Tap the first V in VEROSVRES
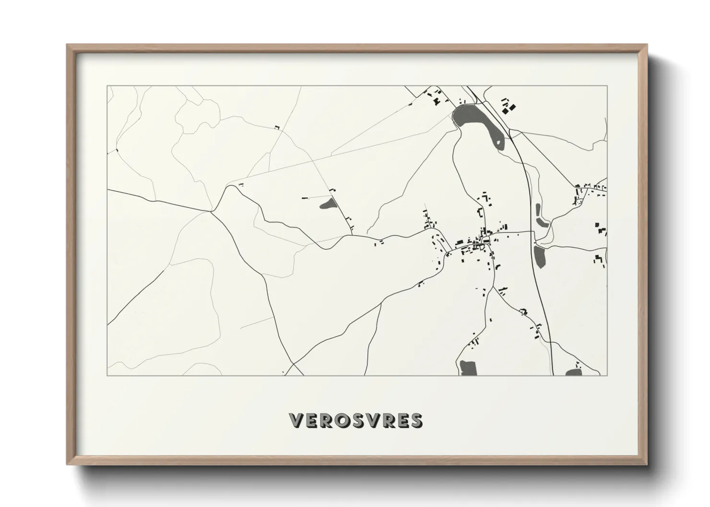point(296,420)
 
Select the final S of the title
point(416,420)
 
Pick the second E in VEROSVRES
point(402,420)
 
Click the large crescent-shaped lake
point(475,120)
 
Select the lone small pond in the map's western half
point(328,205)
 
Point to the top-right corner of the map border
point(607,86)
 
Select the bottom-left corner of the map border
point(107,375)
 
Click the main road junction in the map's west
point(212,210)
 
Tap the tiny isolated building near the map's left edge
point(117,150)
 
